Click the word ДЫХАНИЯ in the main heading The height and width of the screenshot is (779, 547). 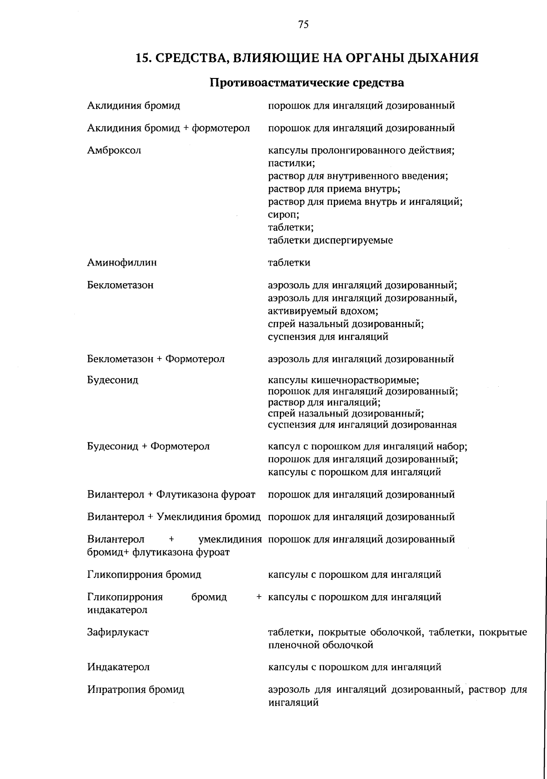(x=439, y=58)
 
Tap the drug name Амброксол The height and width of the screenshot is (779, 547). (x=114, y=151)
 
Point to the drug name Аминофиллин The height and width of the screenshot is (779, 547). (x=122, y=263)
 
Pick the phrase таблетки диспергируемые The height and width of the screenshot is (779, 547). (x=330, y=240)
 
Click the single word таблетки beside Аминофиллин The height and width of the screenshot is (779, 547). (x=289, y=263)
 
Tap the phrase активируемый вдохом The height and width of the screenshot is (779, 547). (x=323, y=311)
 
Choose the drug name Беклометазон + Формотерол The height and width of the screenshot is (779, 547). (x=156, y=359)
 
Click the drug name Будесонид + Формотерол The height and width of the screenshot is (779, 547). (x=148, y=446)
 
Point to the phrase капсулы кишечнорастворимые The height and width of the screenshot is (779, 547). (x=343, y=380)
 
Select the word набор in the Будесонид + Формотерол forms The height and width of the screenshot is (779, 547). (x=451, y=446)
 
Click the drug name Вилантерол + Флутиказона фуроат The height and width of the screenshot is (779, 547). (x=171, y=494)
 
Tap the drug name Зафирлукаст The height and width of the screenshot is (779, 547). (x=118, y=632)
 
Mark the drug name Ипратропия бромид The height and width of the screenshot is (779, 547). (x=135, y=690)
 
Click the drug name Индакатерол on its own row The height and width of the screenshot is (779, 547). (x=119, y=667)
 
